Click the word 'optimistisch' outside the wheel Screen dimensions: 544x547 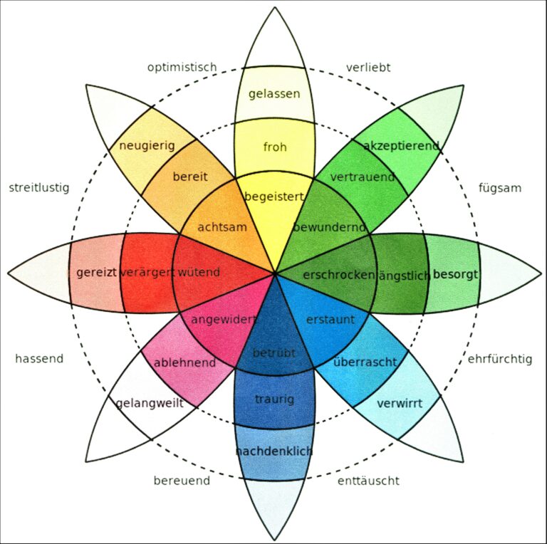click(182, 68)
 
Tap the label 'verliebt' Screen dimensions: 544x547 click(368, 68)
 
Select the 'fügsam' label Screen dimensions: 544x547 click(500, 189)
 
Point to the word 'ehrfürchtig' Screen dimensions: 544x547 click(499, 359)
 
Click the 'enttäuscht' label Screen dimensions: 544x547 click(368, 481)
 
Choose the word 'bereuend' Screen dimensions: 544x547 click(182, 481)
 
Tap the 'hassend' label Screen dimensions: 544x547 click(39, 359)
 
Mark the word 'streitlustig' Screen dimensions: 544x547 click(39, 189)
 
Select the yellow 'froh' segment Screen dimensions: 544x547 click(274, 147)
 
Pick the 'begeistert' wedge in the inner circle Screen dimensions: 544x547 click(274, 196)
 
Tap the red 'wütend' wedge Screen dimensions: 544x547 click(199, 272)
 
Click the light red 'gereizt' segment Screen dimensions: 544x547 click(95, 273)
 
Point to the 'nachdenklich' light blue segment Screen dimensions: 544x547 click(274, 451)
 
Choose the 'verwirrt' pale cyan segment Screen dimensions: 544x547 click(399, 404)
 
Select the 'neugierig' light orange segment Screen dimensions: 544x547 click(147, 146)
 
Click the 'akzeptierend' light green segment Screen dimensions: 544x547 click(400, 146)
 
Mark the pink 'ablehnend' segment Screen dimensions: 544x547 click(185, 363)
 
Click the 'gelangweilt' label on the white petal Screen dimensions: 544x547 click(150, 403)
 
